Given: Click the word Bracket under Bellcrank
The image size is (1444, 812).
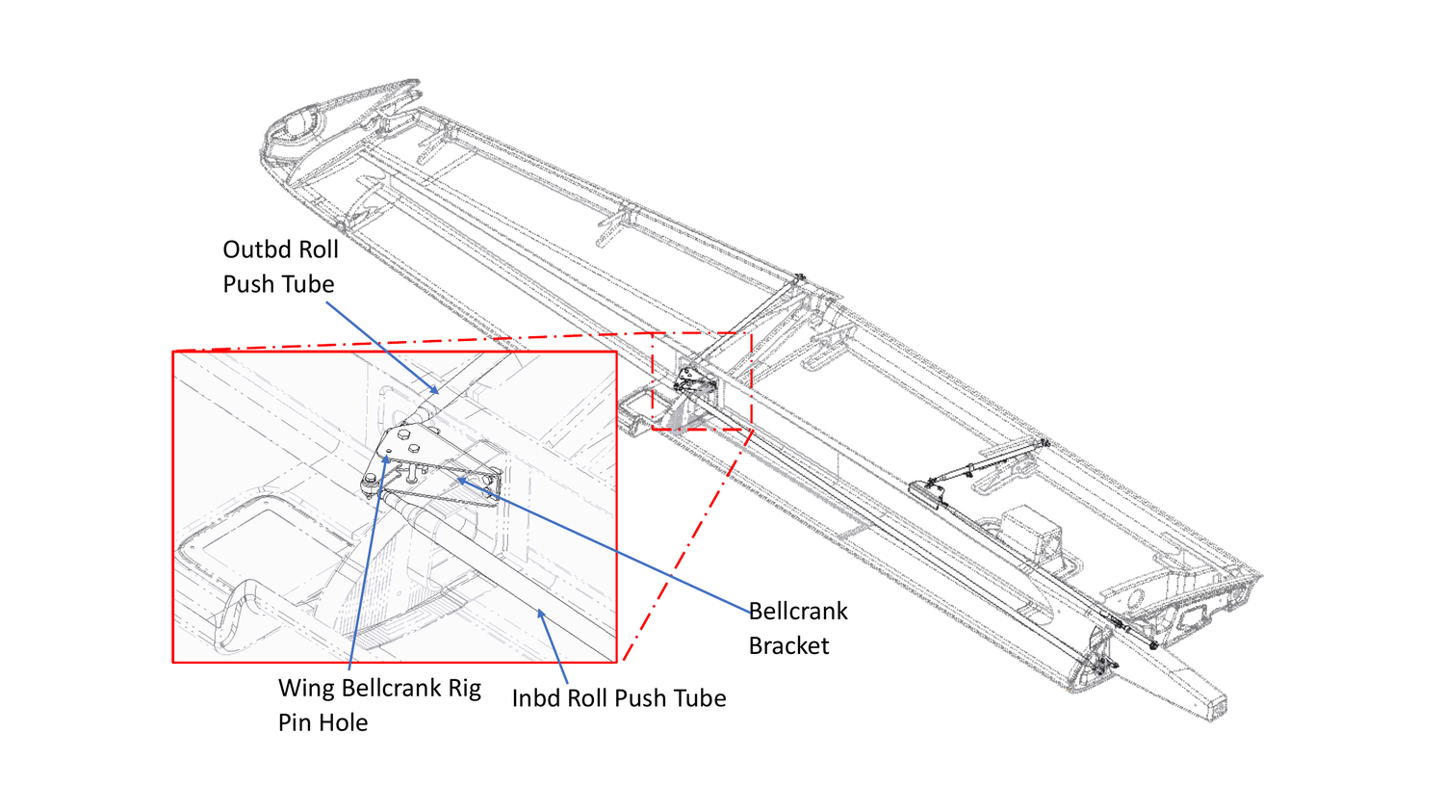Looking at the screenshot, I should point(788,646).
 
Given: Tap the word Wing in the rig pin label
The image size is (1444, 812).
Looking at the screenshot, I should point(306,689).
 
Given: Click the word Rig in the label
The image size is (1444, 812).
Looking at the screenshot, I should point(464,689).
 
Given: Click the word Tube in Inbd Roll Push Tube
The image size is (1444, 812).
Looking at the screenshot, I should point(697,698).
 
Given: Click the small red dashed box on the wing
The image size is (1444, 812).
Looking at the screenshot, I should point(702,381).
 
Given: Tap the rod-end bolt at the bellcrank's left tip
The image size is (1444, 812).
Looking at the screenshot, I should point(371,482).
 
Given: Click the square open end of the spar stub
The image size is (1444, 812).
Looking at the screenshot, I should point(1218,705).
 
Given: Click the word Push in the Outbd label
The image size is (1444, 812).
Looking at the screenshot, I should point(248,284).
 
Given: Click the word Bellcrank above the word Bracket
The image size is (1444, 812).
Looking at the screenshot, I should point(798,612).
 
